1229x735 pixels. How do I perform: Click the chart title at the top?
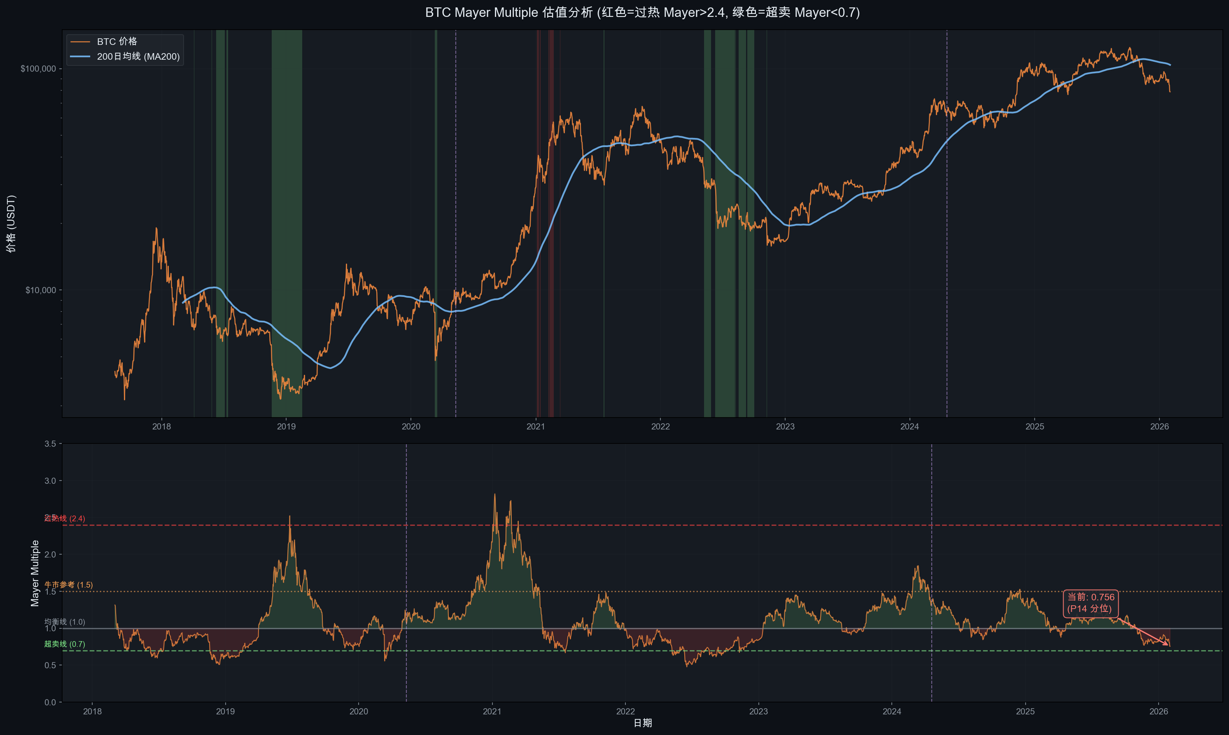click(642, 12)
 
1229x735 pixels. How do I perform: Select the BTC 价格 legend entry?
click(117, 42)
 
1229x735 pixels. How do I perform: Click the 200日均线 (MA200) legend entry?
click(138, 56)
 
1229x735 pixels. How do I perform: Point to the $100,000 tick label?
click(38, 69)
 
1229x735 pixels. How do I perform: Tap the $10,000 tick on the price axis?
click(41, 290)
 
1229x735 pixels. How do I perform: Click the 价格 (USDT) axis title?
click(11, 224)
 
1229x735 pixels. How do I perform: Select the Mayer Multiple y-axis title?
click(35, 573)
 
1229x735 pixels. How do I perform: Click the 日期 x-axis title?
click(642, 723)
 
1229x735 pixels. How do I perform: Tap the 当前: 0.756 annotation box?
click(1090, 603)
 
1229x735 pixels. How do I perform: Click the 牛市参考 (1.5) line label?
click(68, 585)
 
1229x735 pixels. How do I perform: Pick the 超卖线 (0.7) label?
click(64, 644)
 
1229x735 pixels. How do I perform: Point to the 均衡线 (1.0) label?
click(64, 622)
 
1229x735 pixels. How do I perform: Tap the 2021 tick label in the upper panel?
click(535, 427)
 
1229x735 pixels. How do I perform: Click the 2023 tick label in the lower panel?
click(758, 712)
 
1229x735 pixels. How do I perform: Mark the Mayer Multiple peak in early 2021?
click(494, 494)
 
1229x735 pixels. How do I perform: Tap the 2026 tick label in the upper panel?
click(1159, 427)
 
